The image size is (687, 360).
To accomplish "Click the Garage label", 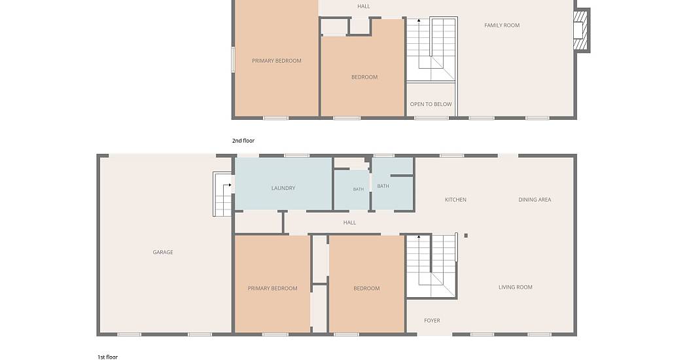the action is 162,252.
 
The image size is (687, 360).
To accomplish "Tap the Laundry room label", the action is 283,188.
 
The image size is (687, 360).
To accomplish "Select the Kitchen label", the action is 455,200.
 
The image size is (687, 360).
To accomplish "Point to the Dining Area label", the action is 535,200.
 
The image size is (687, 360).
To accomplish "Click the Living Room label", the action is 516,287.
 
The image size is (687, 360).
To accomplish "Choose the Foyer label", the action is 432,321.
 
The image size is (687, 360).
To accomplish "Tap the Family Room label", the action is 502,26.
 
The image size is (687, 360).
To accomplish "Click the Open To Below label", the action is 431,104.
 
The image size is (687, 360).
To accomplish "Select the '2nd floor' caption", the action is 243,141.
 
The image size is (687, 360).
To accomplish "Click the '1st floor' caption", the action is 108,357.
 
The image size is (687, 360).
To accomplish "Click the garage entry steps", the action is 222,194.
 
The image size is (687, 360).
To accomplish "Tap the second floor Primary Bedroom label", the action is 277,61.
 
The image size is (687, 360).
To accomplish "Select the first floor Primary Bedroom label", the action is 273,289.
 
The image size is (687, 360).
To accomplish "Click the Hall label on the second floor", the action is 363,7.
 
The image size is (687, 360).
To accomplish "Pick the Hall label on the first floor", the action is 349,223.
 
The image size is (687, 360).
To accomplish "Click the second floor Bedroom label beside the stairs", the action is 364,77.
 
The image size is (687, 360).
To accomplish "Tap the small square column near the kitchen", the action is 466,236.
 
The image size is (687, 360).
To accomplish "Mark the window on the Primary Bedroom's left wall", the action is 233,59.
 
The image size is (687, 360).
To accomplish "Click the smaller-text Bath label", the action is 359,189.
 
